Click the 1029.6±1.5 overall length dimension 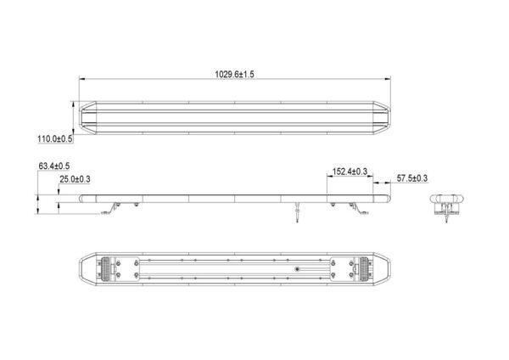pos(234,75)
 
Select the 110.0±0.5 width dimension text pos(55,139)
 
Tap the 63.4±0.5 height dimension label pos(54,166)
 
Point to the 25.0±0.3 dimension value pos(75,179)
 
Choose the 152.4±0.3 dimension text pos(350,172)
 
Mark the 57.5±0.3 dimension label pos(412,178)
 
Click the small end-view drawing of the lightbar pos(447,206)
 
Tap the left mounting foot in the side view pos(110,208)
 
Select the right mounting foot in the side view pos(359,208)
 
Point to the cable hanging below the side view pos(298,212)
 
